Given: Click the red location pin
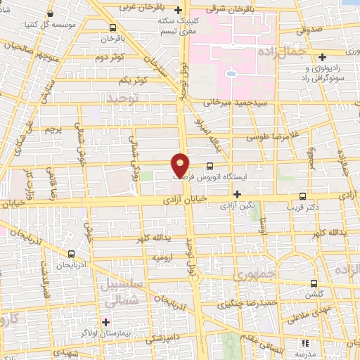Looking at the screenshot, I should (x=181, y=165).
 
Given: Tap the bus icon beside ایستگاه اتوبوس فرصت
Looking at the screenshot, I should (x=210, y=167).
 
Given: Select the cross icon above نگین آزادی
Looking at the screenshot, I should (x=237, y=194).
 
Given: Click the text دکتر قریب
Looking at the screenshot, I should (x=302, y=207).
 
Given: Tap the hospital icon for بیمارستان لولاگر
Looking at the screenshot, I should (x=105, y=322).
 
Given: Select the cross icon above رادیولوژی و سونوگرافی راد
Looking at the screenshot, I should (x=322, y=57).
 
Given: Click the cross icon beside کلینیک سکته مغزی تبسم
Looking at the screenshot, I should (x=179, y=11).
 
